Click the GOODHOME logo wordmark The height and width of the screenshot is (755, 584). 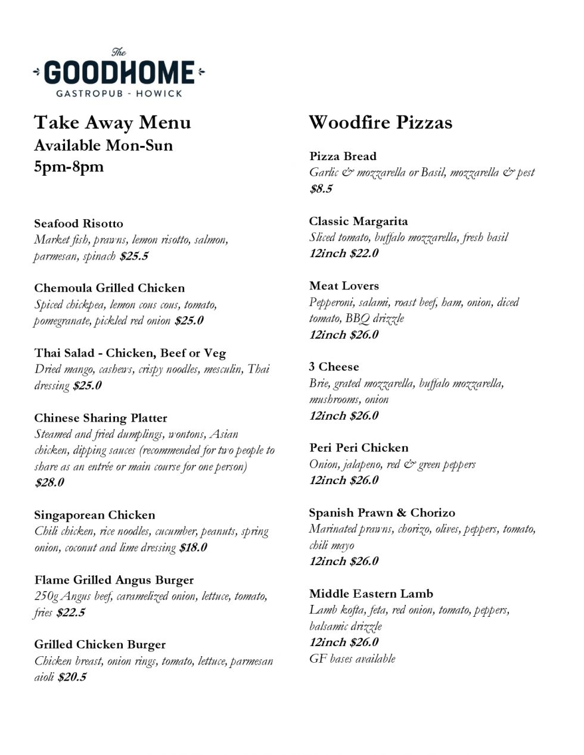pos(119,73)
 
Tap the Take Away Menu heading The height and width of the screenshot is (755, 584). pos(113,122)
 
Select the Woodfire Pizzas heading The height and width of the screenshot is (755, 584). pos(380,122)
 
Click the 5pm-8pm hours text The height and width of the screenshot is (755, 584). pos(69,166)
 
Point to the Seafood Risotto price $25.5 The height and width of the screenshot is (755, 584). pos(134,256)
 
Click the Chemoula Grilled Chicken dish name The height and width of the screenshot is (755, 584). pos(109,288)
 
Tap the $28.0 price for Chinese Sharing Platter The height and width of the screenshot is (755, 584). pos(49,482)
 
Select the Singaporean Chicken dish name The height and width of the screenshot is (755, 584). pos(94,515)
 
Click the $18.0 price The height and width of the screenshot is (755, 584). pos(193,547)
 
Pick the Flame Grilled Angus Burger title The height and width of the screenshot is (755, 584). pos(114,580)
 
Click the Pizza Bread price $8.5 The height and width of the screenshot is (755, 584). pos(321,189)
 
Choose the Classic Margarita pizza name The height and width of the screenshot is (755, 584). pos(358,221)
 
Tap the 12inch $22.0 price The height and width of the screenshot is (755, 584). pos(344,253)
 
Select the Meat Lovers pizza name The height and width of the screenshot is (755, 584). pos(344,286)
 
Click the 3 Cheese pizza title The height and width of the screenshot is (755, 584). pos(334,367)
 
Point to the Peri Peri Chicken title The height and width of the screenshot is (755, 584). pos(359,448)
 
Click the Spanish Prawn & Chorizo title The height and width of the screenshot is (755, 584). pos(381,513)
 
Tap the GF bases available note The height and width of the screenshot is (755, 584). pos(352,659)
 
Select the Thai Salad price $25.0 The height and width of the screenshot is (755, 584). pos(87,385)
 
